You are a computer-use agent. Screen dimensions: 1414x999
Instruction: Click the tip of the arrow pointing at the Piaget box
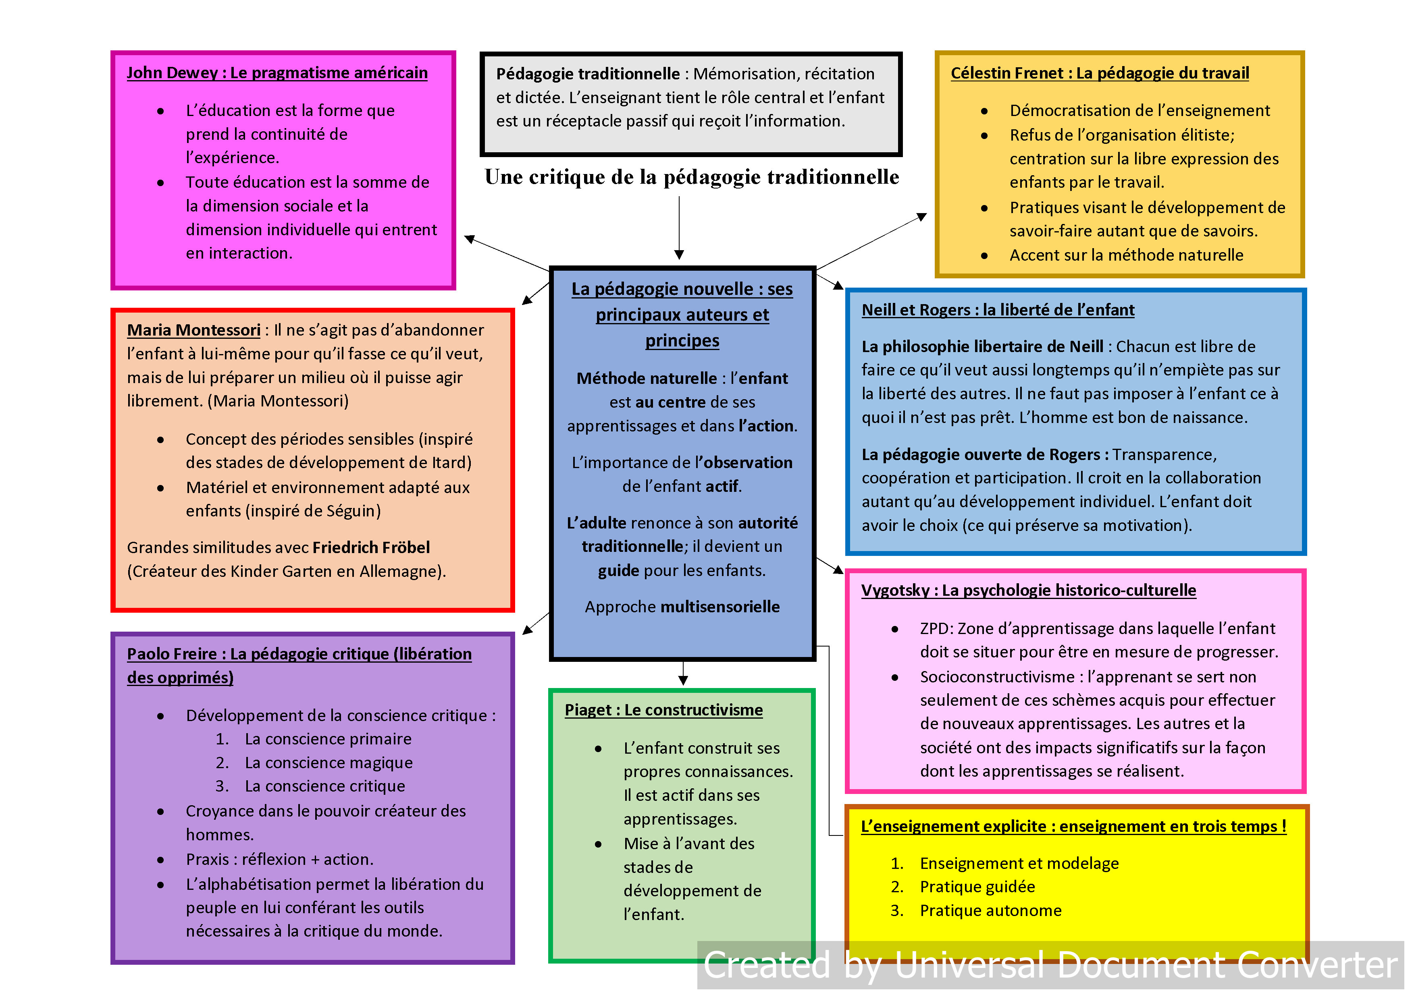point(683,685)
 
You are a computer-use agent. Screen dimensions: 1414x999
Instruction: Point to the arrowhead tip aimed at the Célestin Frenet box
point(927,213)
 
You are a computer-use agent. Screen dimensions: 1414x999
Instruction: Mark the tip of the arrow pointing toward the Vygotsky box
point(843,574)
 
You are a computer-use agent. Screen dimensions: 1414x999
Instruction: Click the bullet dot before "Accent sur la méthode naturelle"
point(984,255)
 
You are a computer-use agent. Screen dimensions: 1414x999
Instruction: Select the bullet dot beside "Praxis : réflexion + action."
point(161,860)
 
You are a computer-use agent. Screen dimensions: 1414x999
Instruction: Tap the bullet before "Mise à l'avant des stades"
point(598,844)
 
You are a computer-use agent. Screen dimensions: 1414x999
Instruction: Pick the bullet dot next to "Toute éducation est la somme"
point(161,183)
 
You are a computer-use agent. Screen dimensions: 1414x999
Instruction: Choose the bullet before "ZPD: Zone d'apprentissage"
point(895,629)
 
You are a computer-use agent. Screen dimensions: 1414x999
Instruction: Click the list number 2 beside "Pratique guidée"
point(897,887)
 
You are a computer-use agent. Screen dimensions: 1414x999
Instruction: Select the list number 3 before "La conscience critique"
point(222,786)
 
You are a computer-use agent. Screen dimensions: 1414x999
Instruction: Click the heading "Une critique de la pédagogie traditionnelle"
point(692,177)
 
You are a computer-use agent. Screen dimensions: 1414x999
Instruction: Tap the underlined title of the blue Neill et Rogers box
point(998,310)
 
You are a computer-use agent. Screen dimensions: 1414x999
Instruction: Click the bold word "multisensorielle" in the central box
point(720,607)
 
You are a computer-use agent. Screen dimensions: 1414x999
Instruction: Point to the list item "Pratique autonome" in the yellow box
point(990,910)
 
